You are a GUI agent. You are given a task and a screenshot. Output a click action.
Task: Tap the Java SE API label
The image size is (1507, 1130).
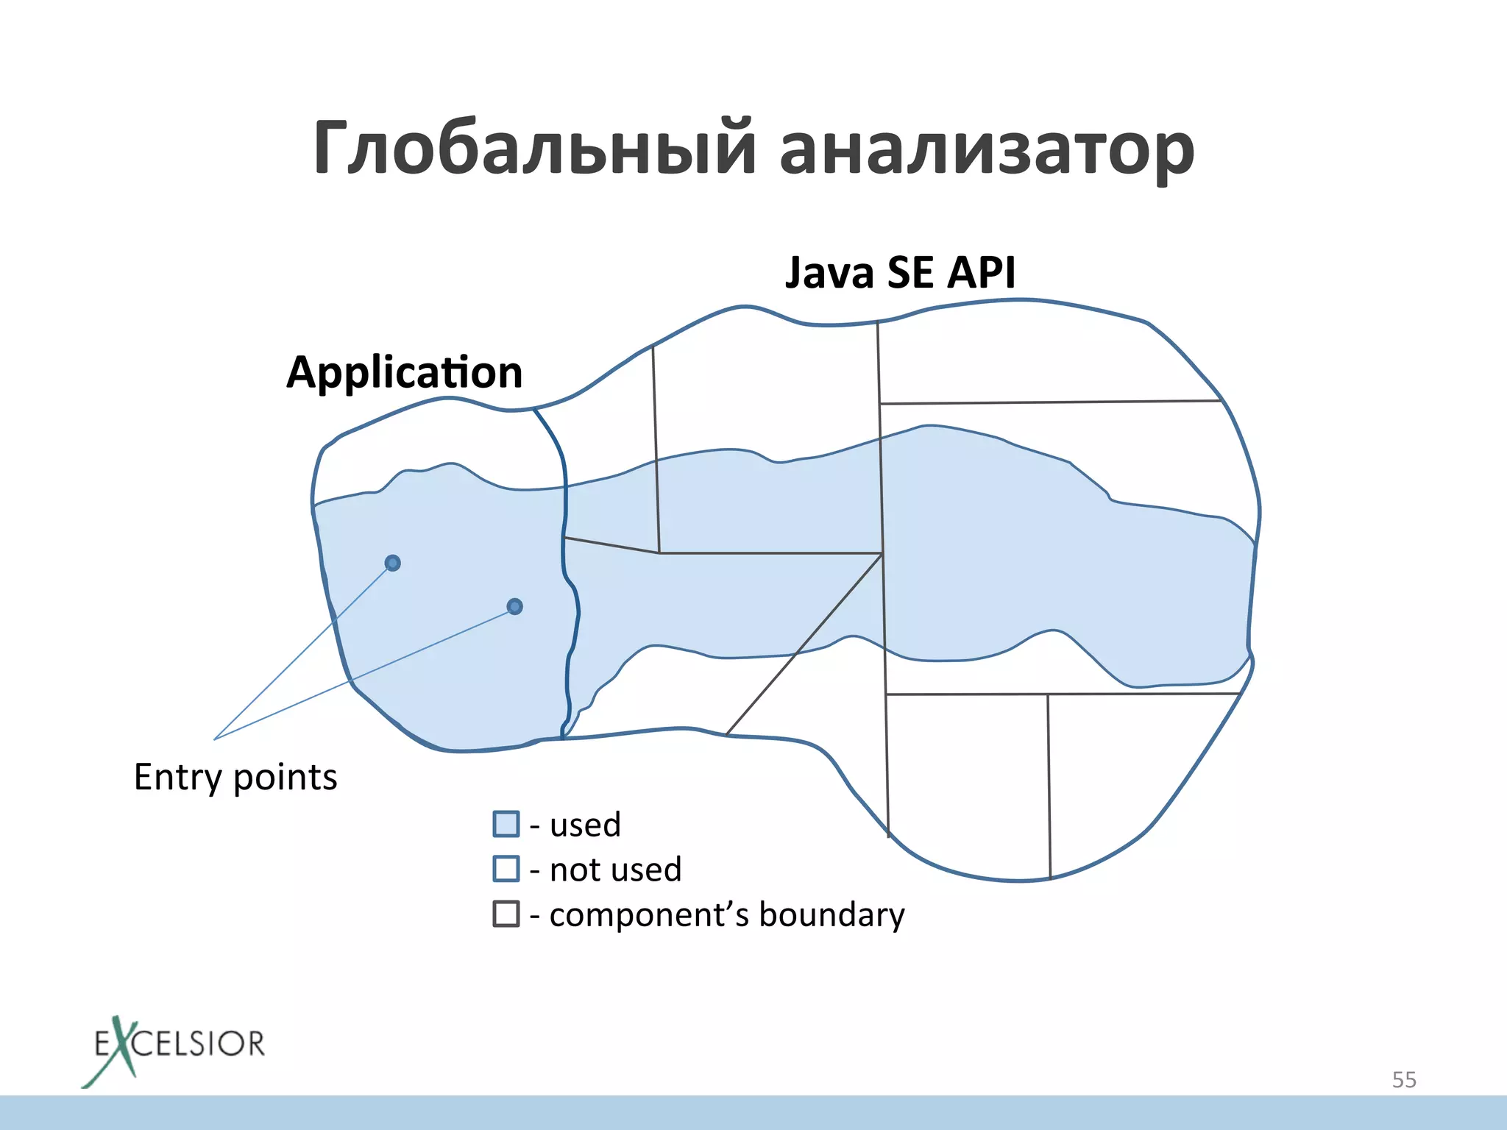click(x=900, y=273)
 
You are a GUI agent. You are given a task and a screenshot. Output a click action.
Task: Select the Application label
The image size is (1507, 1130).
click(x=404, y=372)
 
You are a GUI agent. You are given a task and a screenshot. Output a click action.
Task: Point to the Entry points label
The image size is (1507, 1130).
click(x=235, y=778)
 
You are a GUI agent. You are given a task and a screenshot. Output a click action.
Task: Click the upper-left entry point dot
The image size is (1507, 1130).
click(x=393, y=564)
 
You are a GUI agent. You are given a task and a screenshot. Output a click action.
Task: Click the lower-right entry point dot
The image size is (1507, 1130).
click(x=515, y=607)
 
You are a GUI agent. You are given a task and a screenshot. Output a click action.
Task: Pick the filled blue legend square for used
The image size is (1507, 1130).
click(x=506, y=824)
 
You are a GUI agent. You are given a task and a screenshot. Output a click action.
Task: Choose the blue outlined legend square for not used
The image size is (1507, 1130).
click(x=506, y=869)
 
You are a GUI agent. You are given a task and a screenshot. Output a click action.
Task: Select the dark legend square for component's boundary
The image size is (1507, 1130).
click(x=506, y=914)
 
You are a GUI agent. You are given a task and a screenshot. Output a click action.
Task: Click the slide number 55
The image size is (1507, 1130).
click(x=1404, y=1080)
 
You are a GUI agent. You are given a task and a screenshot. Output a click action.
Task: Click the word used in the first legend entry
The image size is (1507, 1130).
click(x=585, y=825)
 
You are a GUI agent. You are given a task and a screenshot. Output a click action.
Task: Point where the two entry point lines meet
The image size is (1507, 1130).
click(x=214, y=739)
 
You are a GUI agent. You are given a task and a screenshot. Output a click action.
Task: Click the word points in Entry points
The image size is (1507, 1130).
click(x=286, y=778)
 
